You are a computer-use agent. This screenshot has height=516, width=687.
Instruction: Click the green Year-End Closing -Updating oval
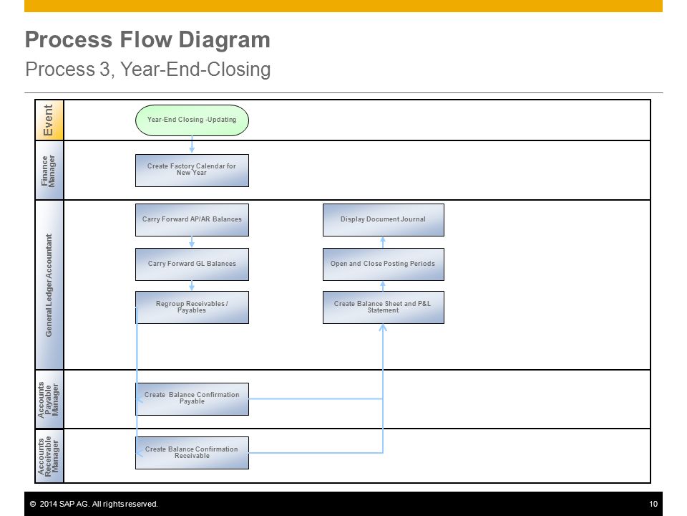pos(192,120)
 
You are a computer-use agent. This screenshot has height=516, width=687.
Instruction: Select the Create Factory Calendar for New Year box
pos(192,171)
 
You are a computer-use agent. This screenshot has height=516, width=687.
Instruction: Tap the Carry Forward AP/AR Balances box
pos(192,219)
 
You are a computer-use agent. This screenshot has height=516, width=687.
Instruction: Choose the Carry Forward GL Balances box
pos(192,264)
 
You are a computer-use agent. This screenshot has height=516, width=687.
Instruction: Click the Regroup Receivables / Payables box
pos(192,307)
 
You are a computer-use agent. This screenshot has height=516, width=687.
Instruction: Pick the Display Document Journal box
pos(384,219)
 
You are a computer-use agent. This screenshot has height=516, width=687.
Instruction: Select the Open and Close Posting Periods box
pos(384,264)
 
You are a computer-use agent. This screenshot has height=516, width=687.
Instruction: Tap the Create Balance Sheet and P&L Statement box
pos(384,307)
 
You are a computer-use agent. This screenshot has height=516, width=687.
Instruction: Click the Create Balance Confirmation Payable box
pos(192,399)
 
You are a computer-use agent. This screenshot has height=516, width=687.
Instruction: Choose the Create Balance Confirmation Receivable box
pos(192,453)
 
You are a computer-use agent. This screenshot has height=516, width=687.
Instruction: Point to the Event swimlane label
pos(48,120)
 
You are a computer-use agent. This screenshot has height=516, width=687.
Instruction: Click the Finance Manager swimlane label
pos(48,171)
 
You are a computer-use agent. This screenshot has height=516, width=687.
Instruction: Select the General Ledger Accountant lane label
pos(49,285)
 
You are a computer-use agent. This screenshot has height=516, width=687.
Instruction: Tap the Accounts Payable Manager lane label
pos(48,400)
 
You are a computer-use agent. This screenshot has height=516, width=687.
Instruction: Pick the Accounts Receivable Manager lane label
pos(48,457)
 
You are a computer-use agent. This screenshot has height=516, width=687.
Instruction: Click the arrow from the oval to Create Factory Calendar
pos(192,144)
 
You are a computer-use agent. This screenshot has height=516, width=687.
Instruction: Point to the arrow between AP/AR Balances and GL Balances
pos(192,242)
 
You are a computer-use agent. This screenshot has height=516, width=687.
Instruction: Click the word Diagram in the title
pos(224,39)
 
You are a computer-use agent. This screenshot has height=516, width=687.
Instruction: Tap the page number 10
pos(653,504)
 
